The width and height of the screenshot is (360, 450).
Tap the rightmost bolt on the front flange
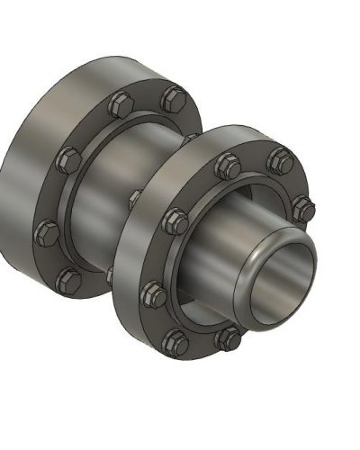306,210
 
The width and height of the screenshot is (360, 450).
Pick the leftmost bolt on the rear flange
44,234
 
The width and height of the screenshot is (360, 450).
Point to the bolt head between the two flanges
135,197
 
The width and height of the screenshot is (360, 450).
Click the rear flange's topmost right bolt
171,96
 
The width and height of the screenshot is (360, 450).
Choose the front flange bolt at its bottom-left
175,339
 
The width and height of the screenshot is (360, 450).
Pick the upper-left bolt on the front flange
176,219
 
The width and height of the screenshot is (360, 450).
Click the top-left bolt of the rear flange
121,103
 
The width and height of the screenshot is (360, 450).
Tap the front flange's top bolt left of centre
225,166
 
